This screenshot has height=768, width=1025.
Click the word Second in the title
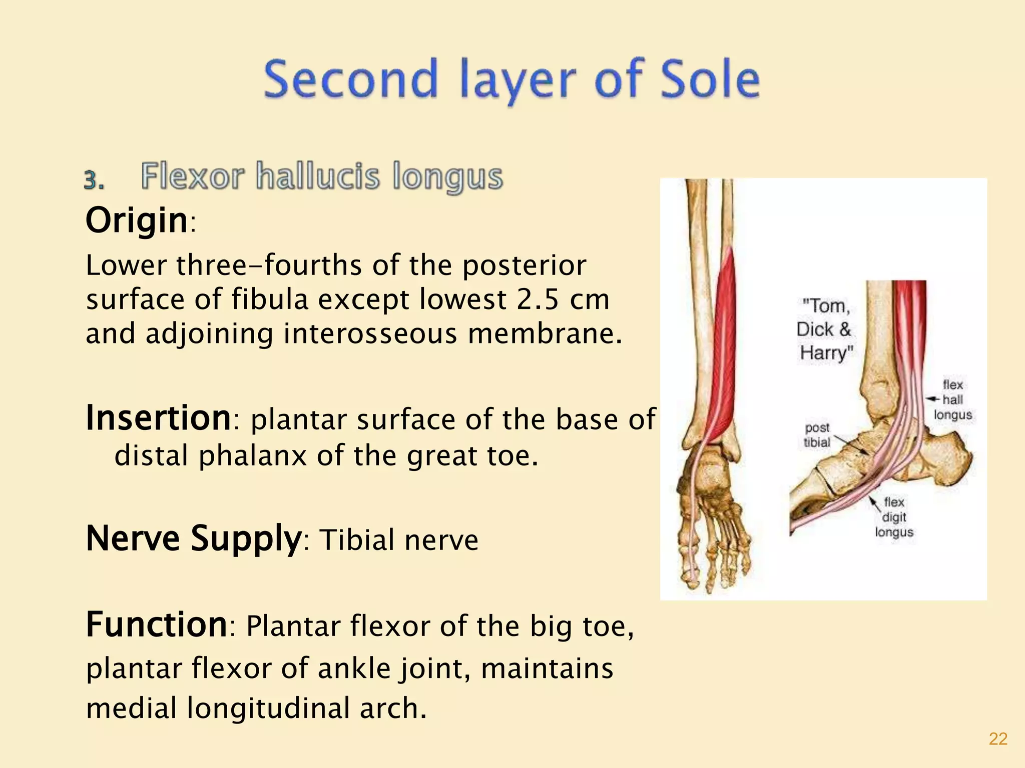coord(350,79)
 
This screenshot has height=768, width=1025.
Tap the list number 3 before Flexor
coord(94,180)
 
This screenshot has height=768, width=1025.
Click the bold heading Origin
coord(137,220)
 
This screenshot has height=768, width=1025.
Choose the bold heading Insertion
coord(158,418)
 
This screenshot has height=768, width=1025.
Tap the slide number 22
coord(998,739)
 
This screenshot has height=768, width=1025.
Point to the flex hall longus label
coord(953,399)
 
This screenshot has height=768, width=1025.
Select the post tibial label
coord(817,434)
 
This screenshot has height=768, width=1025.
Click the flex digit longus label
coord(894,516)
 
